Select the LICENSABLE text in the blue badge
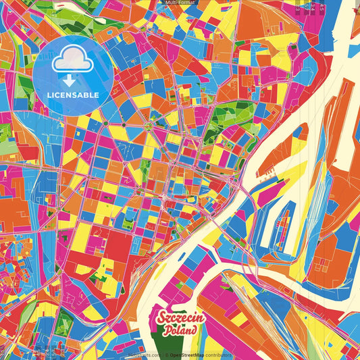(x=73, y=95)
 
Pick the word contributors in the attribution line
(x=217, y=355)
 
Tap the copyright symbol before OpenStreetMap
(x=168, y=355)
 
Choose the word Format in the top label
(x=186, y=3)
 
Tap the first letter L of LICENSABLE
(x=49, y=95)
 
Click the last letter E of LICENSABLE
(x=97, y=95)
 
